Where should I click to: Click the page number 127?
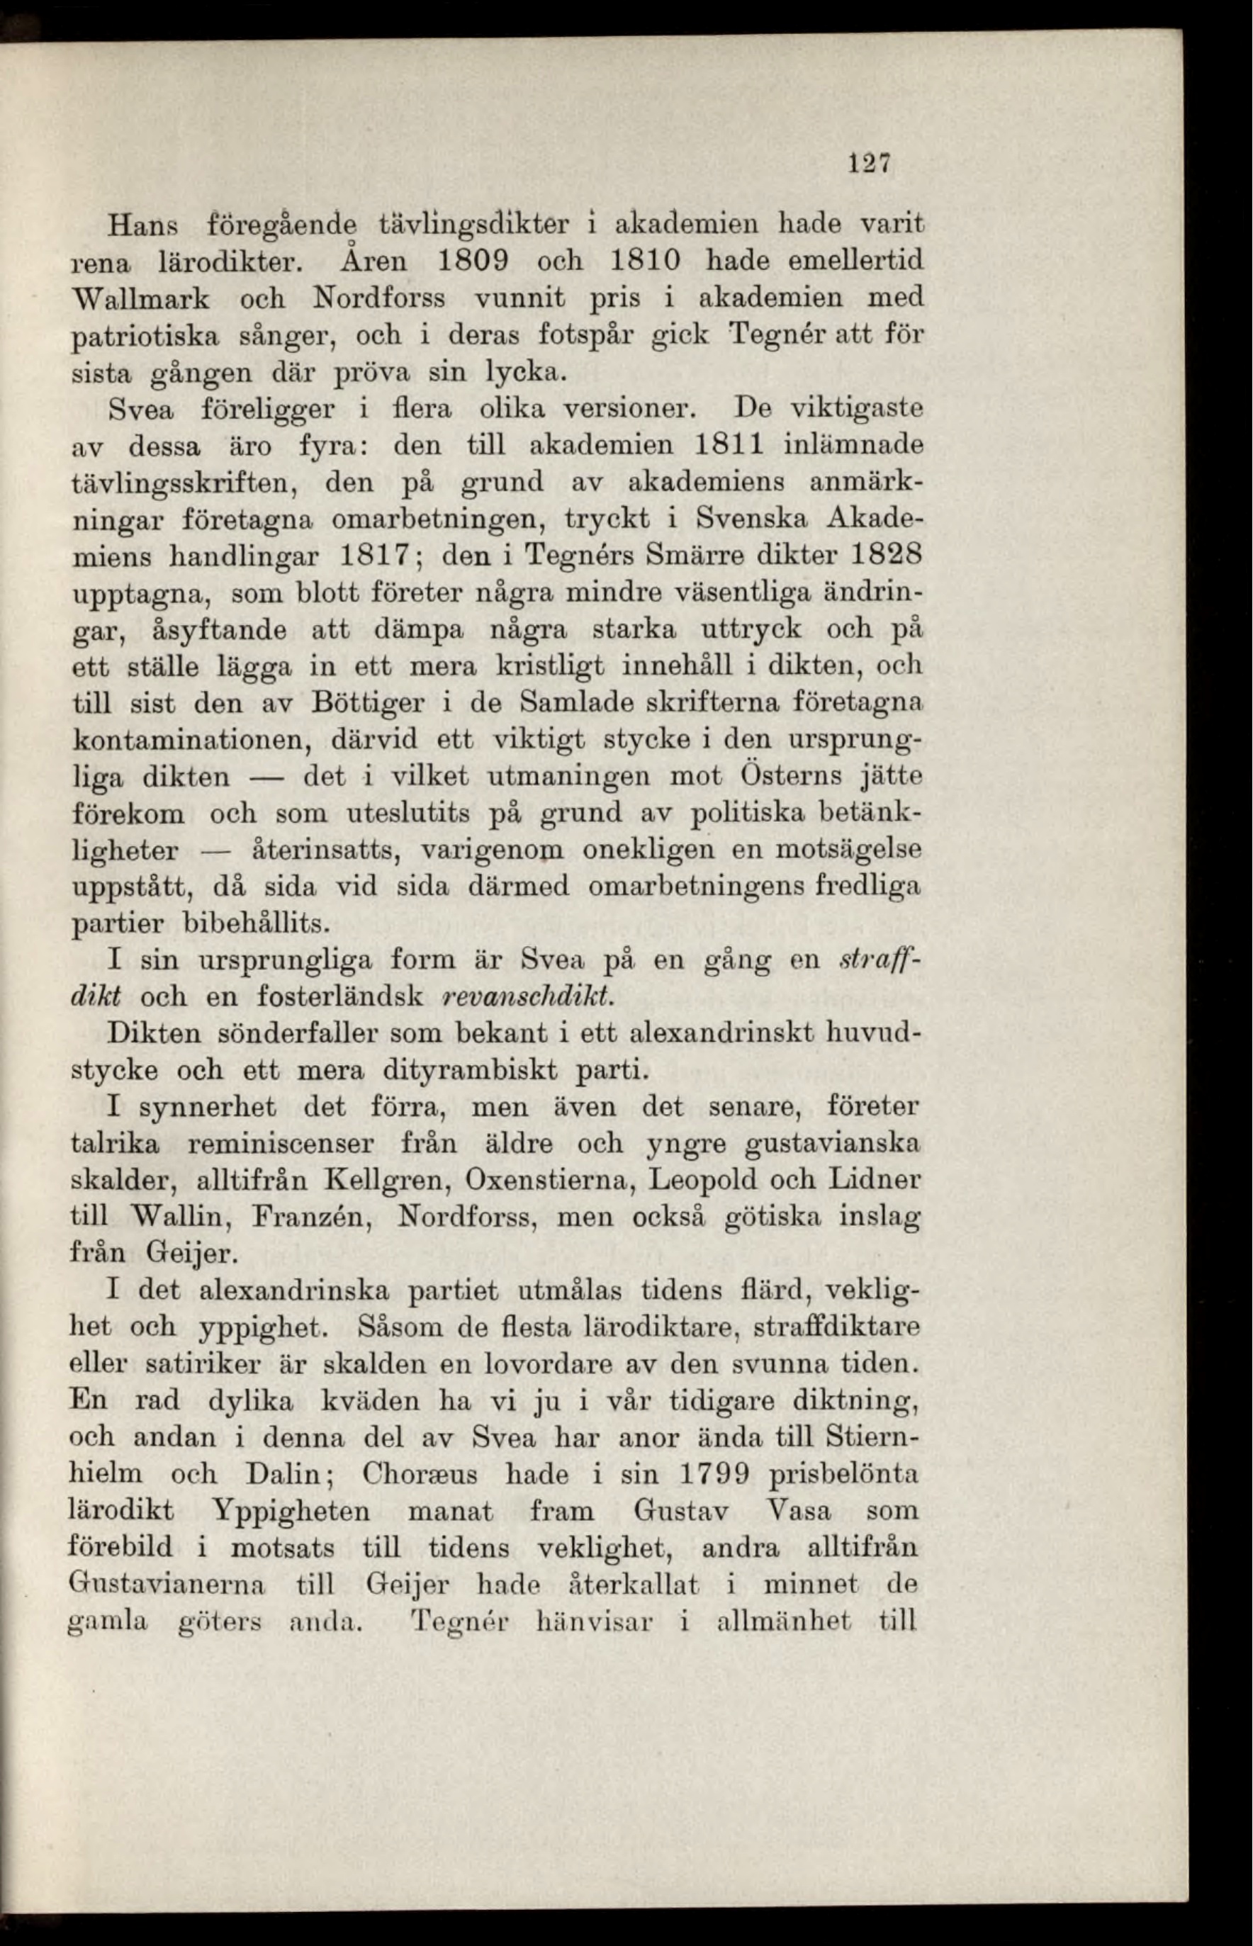pos(870,164)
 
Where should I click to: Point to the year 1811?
pos(729,445)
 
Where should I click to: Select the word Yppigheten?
pos(291,1511)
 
